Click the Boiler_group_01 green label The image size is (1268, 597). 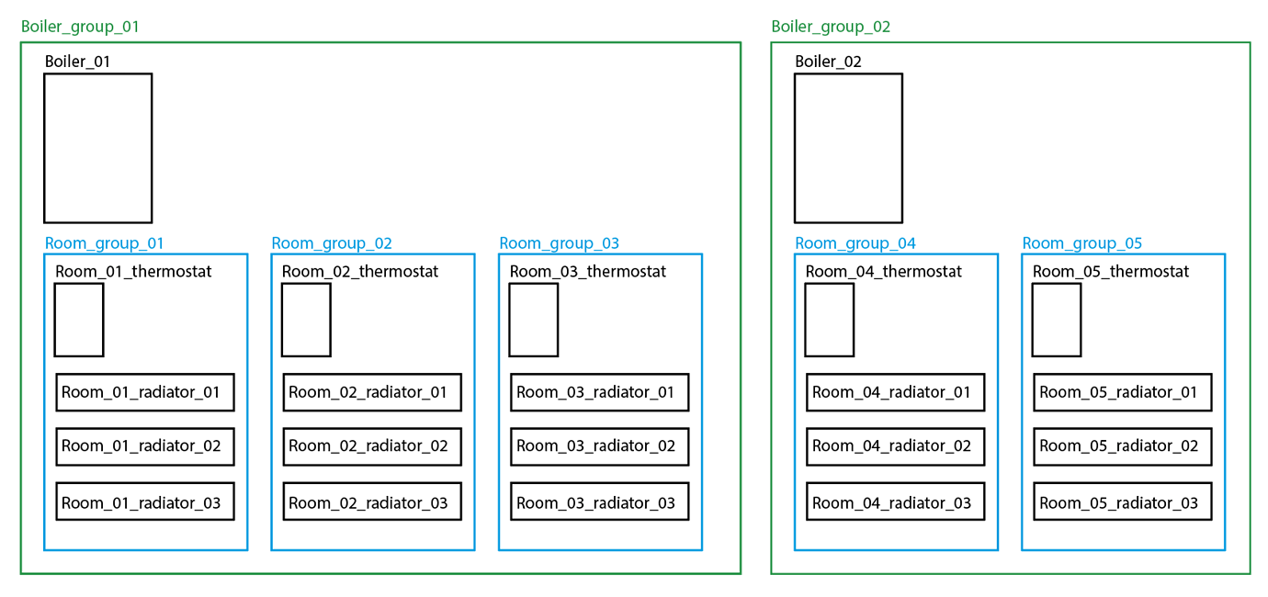(x=80, y=27)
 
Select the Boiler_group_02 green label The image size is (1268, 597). (x=831, y=27)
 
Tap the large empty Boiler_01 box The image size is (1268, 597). (x=97, y=148)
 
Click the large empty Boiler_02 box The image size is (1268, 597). (x=848, y=148)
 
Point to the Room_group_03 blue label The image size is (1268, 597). (x=559, y=243)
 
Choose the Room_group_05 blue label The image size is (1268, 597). (x=1081, y=243)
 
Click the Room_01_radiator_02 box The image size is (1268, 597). (x=145, y=446)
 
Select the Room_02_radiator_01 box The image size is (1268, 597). (x=372, y=392)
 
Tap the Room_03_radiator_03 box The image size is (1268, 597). (x=599, y=502)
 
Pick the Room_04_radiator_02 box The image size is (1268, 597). (x=895, y=446)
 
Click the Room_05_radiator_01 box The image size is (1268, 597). (x=1122, y=392)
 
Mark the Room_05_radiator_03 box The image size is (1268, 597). (x=1122, y=502)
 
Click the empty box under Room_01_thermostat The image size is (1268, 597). (x=79, y=320)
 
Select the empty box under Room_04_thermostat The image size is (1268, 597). (x=829, y=320)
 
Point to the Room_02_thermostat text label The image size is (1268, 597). (x=360, y=272)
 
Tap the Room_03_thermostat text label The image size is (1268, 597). (x=588, y=272)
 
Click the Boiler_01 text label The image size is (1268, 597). (x=78, y=62)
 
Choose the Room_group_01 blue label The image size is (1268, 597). (x=104, y=243)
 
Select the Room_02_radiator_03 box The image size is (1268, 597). (x=372, y=502)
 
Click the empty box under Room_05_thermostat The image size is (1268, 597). (x=1056, y=320)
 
